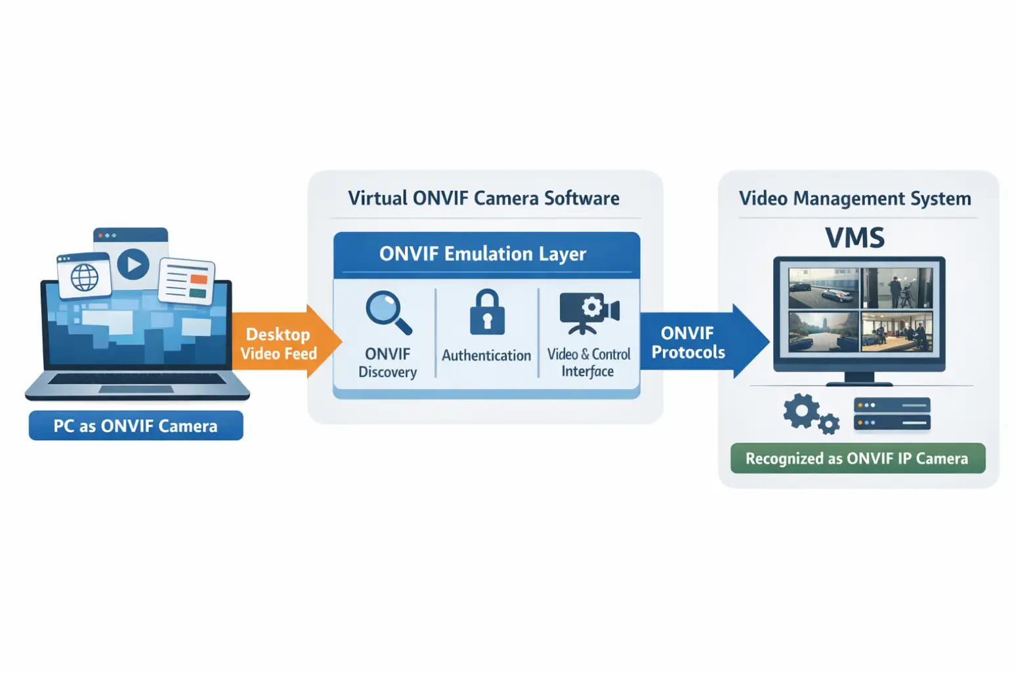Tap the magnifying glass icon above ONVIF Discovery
(x=388, y=312)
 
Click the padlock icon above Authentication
(x=486, y=312)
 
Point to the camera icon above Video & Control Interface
(x=589, y=312)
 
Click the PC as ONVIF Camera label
(x=136, y=426)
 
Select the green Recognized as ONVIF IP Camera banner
(x=857, y=459)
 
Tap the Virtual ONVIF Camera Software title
(x=484, y=198)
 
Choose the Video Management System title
(x=855, y=198)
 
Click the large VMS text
(x=855, y=237)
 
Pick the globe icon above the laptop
(x=84, y=277)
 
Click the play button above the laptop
(x=133, y=264)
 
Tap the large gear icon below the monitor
(x=801, y=411)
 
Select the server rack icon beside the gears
(x=892, y=414)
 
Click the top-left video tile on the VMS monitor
(x=824, y=289)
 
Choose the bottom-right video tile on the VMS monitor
(x=897, y=331)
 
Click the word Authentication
(x=486, y=356)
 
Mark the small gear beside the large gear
(x=829, y=424)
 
